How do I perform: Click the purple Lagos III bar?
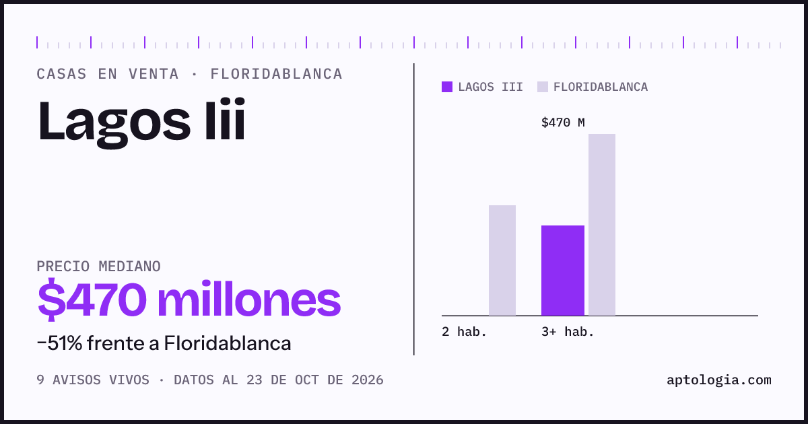[563, 271]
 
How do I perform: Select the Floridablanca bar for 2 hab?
[502, 260]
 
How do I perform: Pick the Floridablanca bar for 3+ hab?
[602, 225]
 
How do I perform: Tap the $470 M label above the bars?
[563, 123]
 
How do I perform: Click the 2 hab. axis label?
[464, 332]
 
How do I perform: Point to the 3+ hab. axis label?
[568, 332]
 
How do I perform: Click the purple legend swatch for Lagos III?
[447, 87]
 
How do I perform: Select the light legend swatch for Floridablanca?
[543, 87]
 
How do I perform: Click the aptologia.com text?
[719, 380]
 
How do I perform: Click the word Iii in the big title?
[225, 119]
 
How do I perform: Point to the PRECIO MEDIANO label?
[98, 267]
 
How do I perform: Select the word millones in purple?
[249, 299]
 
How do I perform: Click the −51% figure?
[59, 343]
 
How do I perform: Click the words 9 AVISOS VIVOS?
[93, 380]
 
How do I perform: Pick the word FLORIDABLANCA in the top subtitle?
[276, 74]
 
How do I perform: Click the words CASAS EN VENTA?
[108, 74]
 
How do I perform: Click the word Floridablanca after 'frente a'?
[228, 343]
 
